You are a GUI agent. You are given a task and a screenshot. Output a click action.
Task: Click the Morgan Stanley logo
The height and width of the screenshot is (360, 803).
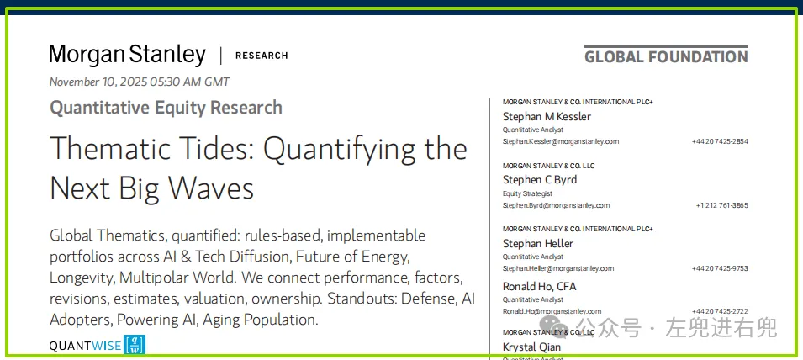128,56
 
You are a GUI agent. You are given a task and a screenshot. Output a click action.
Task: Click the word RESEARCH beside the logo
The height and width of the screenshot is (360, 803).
262,56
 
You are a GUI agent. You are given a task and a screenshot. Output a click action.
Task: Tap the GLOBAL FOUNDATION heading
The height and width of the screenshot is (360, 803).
666,56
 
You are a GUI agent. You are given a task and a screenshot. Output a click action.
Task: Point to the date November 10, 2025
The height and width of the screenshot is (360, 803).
98,82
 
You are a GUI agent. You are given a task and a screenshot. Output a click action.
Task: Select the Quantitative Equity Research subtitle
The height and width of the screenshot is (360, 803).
166,108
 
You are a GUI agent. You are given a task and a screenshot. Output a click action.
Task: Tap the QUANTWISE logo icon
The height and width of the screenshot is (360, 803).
135,345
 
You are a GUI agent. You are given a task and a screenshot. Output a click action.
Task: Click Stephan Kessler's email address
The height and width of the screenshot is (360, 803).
561,141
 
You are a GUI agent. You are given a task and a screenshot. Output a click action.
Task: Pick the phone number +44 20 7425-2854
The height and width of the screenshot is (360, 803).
720,141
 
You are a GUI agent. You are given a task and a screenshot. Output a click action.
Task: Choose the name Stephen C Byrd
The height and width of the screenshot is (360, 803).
540,180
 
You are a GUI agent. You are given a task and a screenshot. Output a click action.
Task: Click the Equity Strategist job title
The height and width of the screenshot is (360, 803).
527,193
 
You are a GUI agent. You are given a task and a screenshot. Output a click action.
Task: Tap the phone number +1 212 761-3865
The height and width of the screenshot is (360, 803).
721,205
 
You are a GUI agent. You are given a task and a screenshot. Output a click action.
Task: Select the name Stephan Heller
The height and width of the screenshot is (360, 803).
538,243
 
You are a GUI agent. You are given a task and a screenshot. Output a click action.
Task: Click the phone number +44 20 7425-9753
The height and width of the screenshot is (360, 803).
720,268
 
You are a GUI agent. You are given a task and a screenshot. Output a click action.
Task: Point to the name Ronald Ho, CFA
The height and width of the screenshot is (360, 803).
539,286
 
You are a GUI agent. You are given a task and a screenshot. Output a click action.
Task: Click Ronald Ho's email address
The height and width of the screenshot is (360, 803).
552,311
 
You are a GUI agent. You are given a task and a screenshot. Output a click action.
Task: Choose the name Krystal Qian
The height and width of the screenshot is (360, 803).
531,347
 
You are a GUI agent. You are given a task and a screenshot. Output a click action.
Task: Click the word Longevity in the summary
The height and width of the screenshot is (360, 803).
82,278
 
